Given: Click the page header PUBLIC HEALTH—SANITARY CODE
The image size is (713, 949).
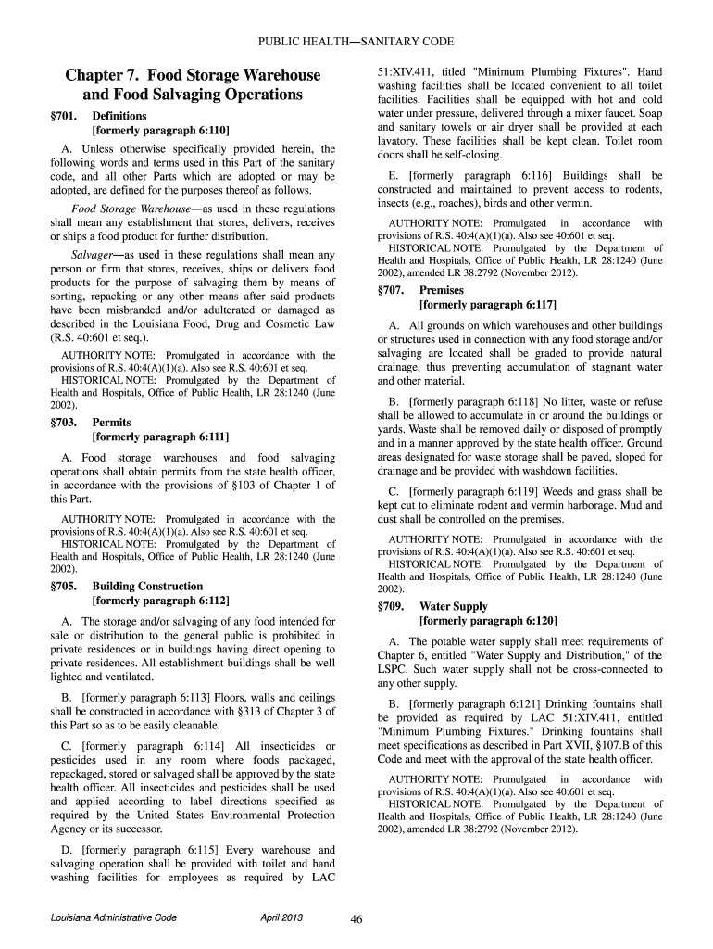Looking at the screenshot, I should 356,43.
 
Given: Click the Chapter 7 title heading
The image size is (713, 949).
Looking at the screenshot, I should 193,84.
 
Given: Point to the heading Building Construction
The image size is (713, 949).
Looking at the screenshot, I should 147,587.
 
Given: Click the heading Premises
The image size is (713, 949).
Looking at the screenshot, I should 442,290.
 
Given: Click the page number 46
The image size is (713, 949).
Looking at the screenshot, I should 356,919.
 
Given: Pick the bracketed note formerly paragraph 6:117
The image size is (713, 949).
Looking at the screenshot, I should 488,304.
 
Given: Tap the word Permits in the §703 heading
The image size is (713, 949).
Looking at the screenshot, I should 112,423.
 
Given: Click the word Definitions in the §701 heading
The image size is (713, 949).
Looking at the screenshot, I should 119,117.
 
